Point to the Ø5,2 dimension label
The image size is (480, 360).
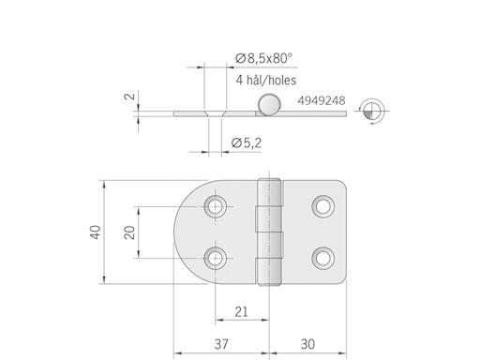(247, 142)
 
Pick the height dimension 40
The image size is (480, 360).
(96, 231)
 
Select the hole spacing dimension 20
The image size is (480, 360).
(131, 231)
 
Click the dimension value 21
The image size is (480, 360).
(241, 311)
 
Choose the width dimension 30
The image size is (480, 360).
(307, 344)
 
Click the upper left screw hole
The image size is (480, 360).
(217, 205)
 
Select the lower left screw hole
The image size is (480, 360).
(217, 256)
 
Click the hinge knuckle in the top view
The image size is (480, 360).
(271, 231)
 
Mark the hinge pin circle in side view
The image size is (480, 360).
(270, 105)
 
